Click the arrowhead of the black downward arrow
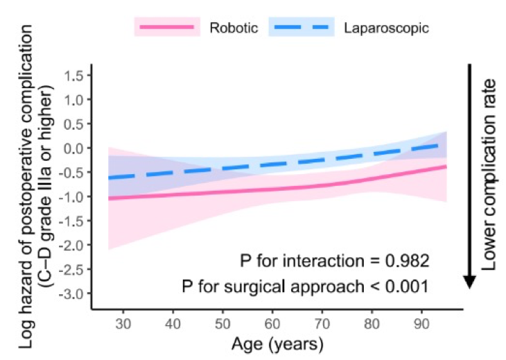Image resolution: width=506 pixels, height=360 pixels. (x=469, y=281)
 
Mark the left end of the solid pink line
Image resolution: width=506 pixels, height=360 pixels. (x=109, y=198)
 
